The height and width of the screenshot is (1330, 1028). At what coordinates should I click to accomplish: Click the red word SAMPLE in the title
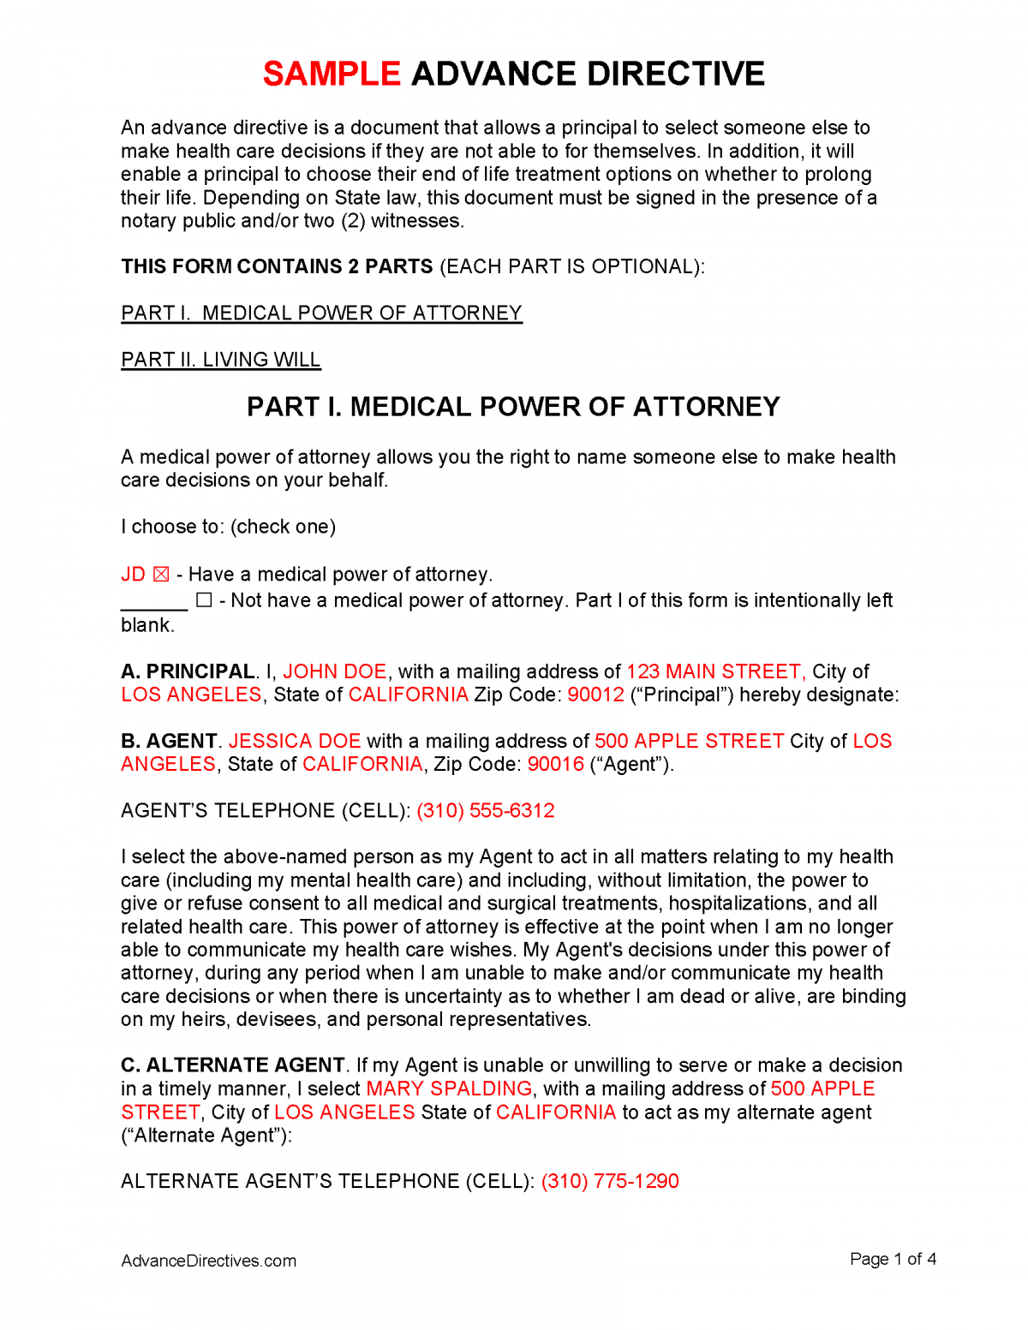point(332,75)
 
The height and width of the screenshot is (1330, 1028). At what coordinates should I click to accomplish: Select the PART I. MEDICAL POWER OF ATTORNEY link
point(321,313)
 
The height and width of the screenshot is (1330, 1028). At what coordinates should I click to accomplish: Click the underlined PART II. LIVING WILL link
point(220,360)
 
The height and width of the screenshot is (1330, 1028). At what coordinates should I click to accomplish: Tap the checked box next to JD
point(161,575)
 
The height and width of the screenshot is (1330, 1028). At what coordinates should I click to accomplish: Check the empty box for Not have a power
point(204,600)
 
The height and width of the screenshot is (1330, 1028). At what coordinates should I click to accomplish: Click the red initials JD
point(133,575)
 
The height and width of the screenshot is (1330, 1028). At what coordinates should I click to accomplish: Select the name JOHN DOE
point(334,672)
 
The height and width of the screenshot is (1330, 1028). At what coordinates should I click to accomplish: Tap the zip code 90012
point(595,695)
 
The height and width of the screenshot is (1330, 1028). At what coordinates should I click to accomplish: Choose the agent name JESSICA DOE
point(294,742)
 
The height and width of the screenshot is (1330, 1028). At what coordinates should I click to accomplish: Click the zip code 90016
point(555,765)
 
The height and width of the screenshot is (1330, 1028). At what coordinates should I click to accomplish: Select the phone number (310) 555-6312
point(486,811)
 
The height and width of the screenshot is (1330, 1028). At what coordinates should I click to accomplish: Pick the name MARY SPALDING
point(449,1089)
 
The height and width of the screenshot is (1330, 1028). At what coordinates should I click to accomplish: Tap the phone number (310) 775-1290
point(610,1182)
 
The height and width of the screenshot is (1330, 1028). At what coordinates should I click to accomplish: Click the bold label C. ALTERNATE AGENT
point(232,1066)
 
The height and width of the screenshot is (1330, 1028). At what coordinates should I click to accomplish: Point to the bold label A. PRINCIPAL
point(188,672)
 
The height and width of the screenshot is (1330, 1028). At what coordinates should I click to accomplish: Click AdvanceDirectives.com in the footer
point(208,1261)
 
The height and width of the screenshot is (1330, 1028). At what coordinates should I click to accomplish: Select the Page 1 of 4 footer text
point(893,1260)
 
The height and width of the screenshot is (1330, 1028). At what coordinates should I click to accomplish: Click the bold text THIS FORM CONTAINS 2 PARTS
point(277,267)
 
